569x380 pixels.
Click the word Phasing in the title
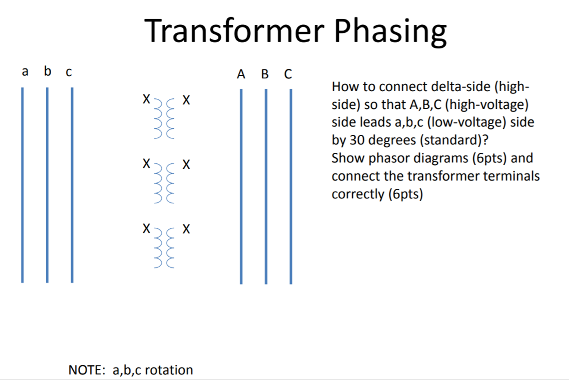(x=391, y=32)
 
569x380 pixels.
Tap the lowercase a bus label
(x=24, y=72)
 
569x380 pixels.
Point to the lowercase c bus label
(x=68, y=72)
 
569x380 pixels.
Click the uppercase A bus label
(x=241, y=74)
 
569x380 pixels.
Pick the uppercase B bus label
(x=264, y=74)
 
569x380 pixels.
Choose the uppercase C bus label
(x=287, y=74)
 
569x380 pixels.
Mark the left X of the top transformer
(x=146, y=100)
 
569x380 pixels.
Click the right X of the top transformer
(x=186, y=101)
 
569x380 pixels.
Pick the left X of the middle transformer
(x=146, y=164)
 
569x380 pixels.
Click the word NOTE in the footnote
(x=87, y=370)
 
